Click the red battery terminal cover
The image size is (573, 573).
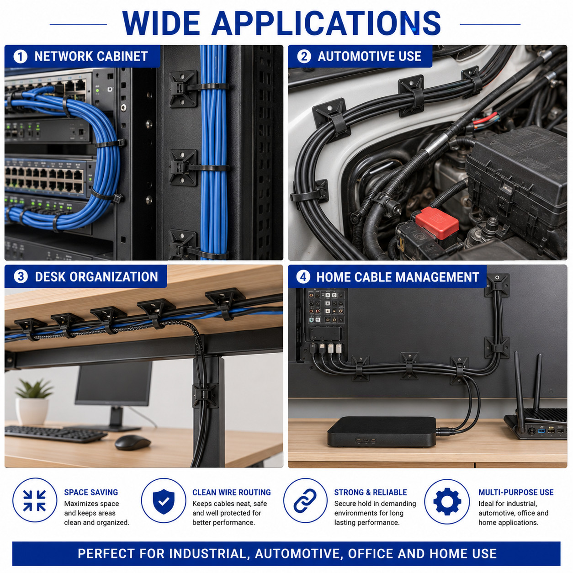437,223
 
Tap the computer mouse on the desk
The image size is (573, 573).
133,443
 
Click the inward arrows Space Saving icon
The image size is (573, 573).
34,501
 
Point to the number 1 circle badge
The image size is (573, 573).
20,57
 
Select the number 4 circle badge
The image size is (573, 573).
303,277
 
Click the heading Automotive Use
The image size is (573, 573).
369,57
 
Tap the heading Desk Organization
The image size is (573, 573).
96,277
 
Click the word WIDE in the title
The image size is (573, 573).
161,23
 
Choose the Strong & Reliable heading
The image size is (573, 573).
370,492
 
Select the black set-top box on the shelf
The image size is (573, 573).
382,432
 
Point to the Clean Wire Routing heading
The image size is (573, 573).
231,492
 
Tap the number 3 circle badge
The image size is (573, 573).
21,277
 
